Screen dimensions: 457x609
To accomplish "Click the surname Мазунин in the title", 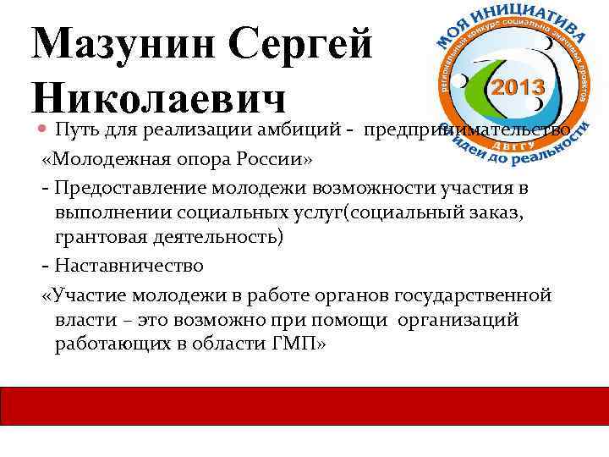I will point(118,42).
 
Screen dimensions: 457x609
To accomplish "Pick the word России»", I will point(272,162).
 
